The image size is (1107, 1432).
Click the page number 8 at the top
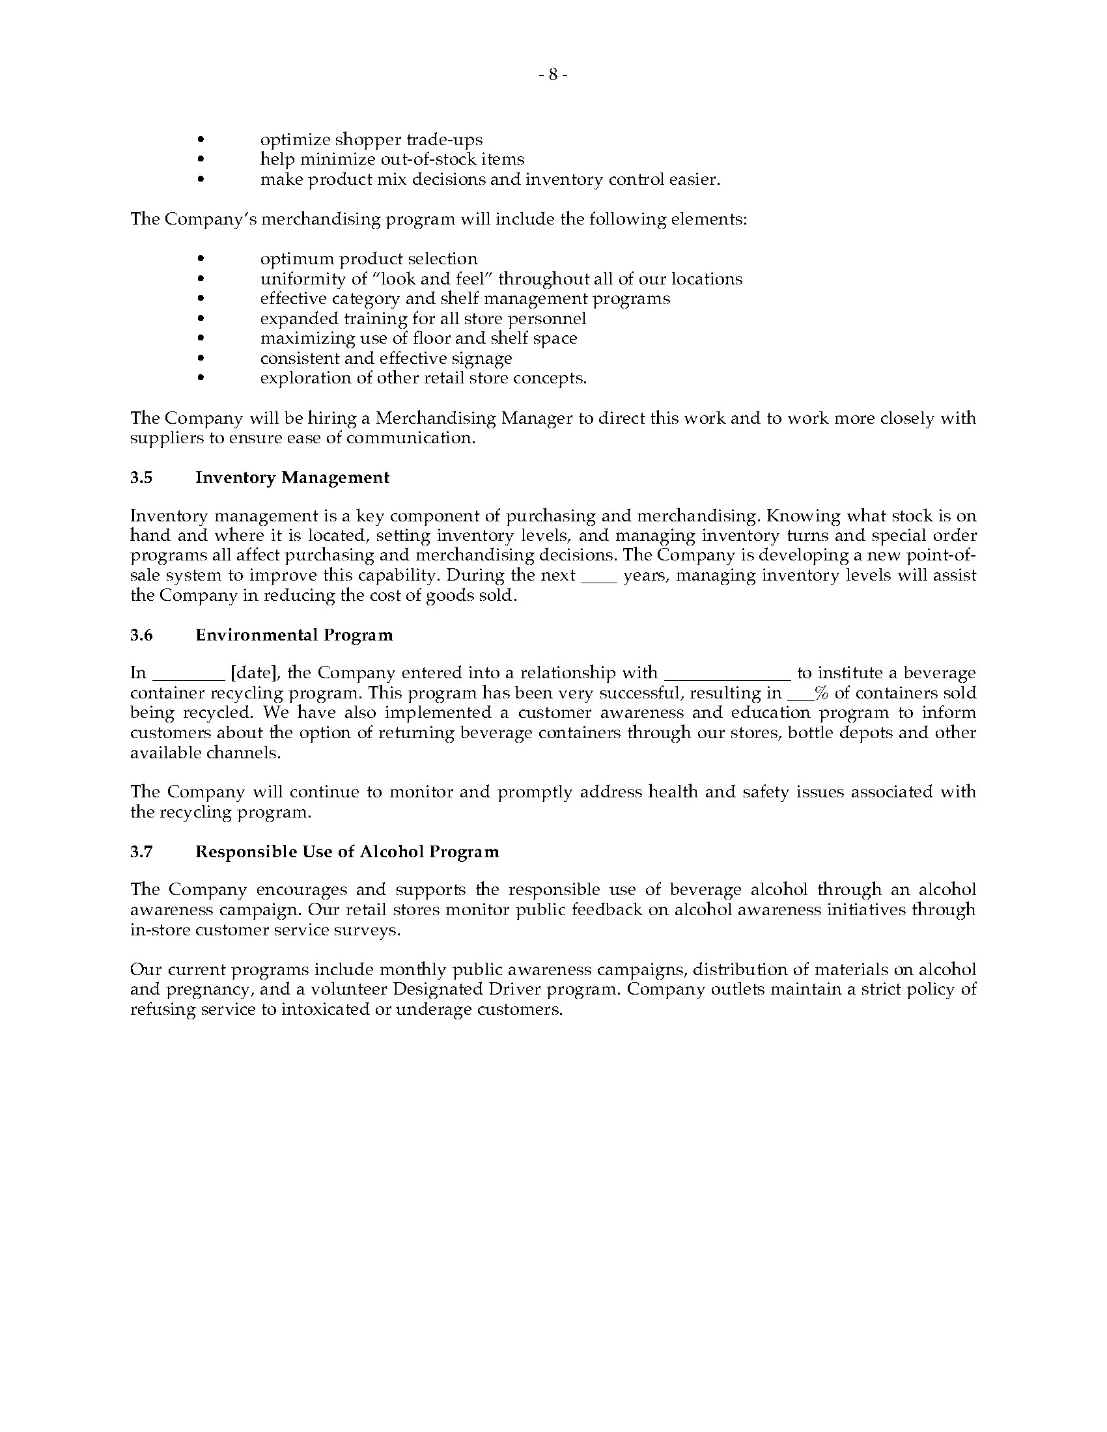point(553,76)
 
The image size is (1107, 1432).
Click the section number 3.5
point(141,477)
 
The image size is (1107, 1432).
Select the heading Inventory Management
point(292,477)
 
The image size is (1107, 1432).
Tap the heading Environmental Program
point(294,635)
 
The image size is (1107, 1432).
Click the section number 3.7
point(141,851)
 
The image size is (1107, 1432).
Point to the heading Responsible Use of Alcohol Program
point(347,851)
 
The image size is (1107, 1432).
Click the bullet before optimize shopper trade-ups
point(201,140)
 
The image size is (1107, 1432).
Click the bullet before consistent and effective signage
point(201,358)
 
